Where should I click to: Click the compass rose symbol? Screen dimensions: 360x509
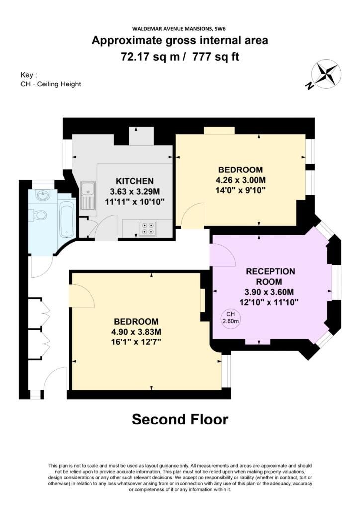pos(326,74)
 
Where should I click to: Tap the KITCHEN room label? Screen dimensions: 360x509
pos(135,181)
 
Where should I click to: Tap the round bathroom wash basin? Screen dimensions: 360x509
pos(43,195)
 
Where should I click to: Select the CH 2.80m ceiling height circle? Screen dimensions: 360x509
pos(231,318)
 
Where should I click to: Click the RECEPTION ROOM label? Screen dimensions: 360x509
pos(270,276)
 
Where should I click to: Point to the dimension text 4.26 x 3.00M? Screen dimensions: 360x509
pos(241,180)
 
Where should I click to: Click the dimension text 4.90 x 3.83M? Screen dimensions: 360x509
pos(136,332)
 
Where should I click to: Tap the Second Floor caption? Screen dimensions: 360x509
pos(180,419)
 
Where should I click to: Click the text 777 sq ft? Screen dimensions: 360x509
pos(216,57)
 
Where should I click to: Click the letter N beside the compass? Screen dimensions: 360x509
pos(309,85)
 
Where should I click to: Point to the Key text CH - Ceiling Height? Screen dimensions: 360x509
pos(51,84)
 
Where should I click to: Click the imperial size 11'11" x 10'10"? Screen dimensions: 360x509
pos(135,202)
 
